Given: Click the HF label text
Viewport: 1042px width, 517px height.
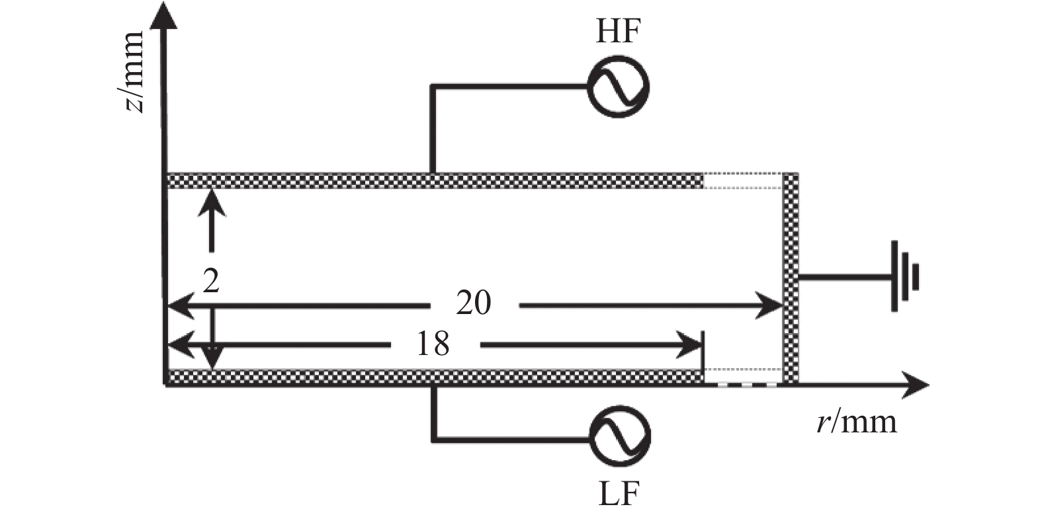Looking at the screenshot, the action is point(618,32).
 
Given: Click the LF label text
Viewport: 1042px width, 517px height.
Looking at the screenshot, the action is point(619,494).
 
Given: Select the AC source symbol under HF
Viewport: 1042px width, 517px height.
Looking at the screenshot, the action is point(618,87).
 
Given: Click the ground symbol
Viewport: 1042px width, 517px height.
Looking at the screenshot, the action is point(905,276).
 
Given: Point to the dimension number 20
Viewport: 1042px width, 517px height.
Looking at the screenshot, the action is point(474,303).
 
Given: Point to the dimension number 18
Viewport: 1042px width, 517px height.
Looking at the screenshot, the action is point(433,344).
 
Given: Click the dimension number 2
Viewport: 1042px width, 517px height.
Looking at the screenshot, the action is point(211,281).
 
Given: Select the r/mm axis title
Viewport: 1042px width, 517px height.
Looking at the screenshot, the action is point(857,422).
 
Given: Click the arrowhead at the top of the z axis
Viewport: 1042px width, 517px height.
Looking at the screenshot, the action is point(163,15).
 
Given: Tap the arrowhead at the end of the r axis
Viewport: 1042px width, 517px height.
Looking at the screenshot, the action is point(915,385).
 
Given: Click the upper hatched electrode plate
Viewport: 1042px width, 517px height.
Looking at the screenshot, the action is point(435,180).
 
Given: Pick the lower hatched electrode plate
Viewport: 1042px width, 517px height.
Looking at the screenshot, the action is point(435,377).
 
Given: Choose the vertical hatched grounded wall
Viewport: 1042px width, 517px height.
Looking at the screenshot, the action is point(791,278).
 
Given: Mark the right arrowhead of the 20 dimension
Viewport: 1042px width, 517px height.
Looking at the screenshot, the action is point(769,305).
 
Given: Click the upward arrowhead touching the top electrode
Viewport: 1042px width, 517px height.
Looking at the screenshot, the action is point(212,203).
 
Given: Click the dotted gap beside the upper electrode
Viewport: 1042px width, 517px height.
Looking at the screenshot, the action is point(743,180).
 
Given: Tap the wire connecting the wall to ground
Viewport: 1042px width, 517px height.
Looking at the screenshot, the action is point(845,278).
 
